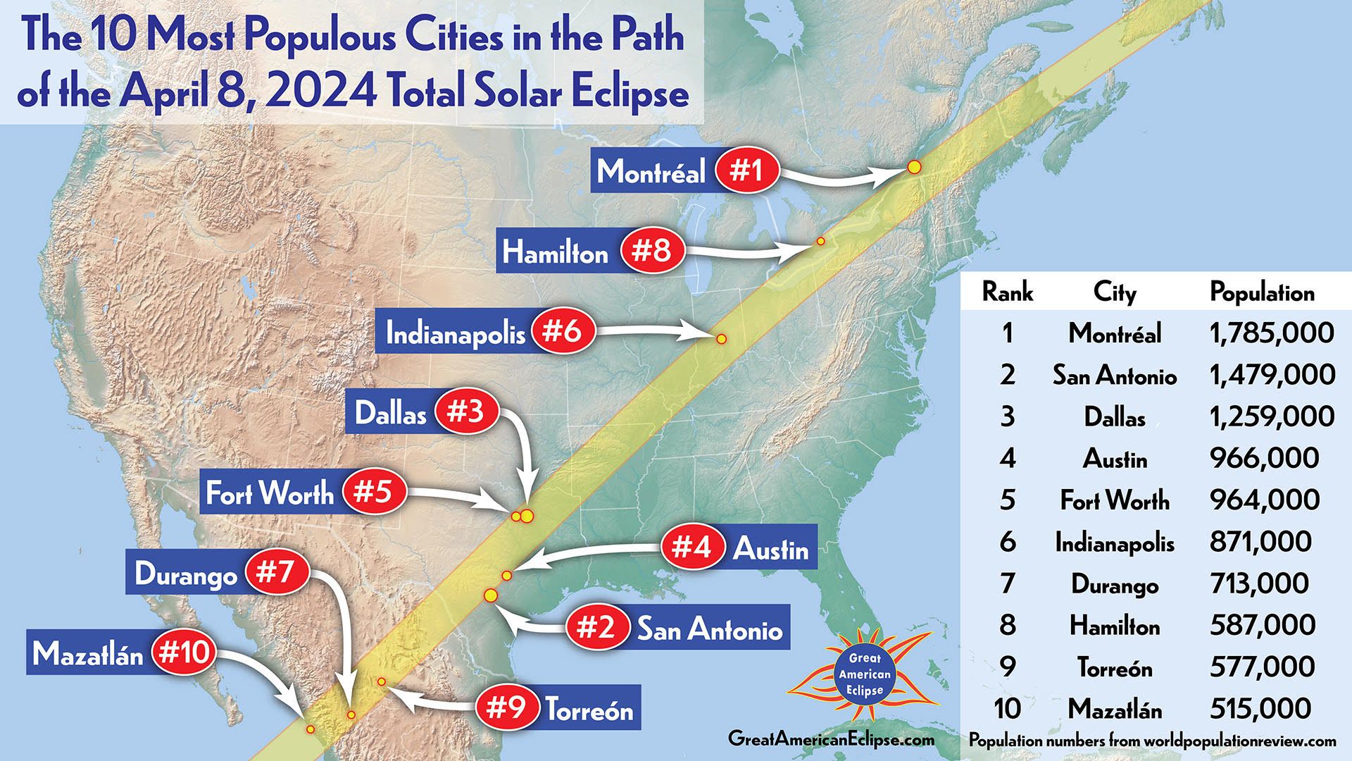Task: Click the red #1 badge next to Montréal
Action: click(x=746, y=170)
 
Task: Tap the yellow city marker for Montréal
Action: click(x=914, y=167)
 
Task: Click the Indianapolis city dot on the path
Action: click(x=721, y=339)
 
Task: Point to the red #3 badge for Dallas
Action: click(x=467, y=412)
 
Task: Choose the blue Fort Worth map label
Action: click(x=270, y=493)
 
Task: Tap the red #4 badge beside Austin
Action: click(x=691, y=547)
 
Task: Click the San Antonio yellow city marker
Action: click(x=491, y=596)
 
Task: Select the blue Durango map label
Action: click(x=186, y=574)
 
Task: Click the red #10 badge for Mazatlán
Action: click(x=184, y=653)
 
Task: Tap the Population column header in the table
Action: click(x=1262, y=292)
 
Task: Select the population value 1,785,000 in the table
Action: click(x=1272, y=333)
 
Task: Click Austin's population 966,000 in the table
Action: click(x=1264, y=458)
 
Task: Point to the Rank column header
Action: click(x=1007, y=292)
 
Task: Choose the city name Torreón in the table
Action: click(x=1115, y=667)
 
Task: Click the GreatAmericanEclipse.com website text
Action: click(x=831, y=738)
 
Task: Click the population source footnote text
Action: click(x=1152, y=741)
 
